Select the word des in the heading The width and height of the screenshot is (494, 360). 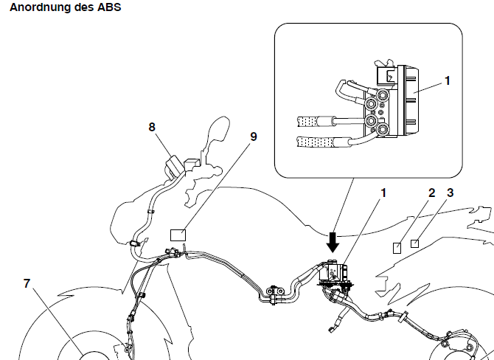(82, 7)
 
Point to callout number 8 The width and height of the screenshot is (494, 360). (152, 126)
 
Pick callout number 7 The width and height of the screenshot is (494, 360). (27, 283)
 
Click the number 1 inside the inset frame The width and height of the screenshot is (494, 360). (448, 78)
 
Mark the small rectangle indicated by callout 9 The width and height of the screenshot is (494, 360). (178, 235)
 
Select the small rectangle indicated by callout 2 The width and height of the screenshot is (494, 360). (397, 247)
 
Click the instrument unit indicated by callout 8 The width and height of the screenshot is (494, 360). (175, 165)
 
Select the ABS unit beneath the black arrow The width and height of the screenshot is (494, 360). (335, 274)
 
